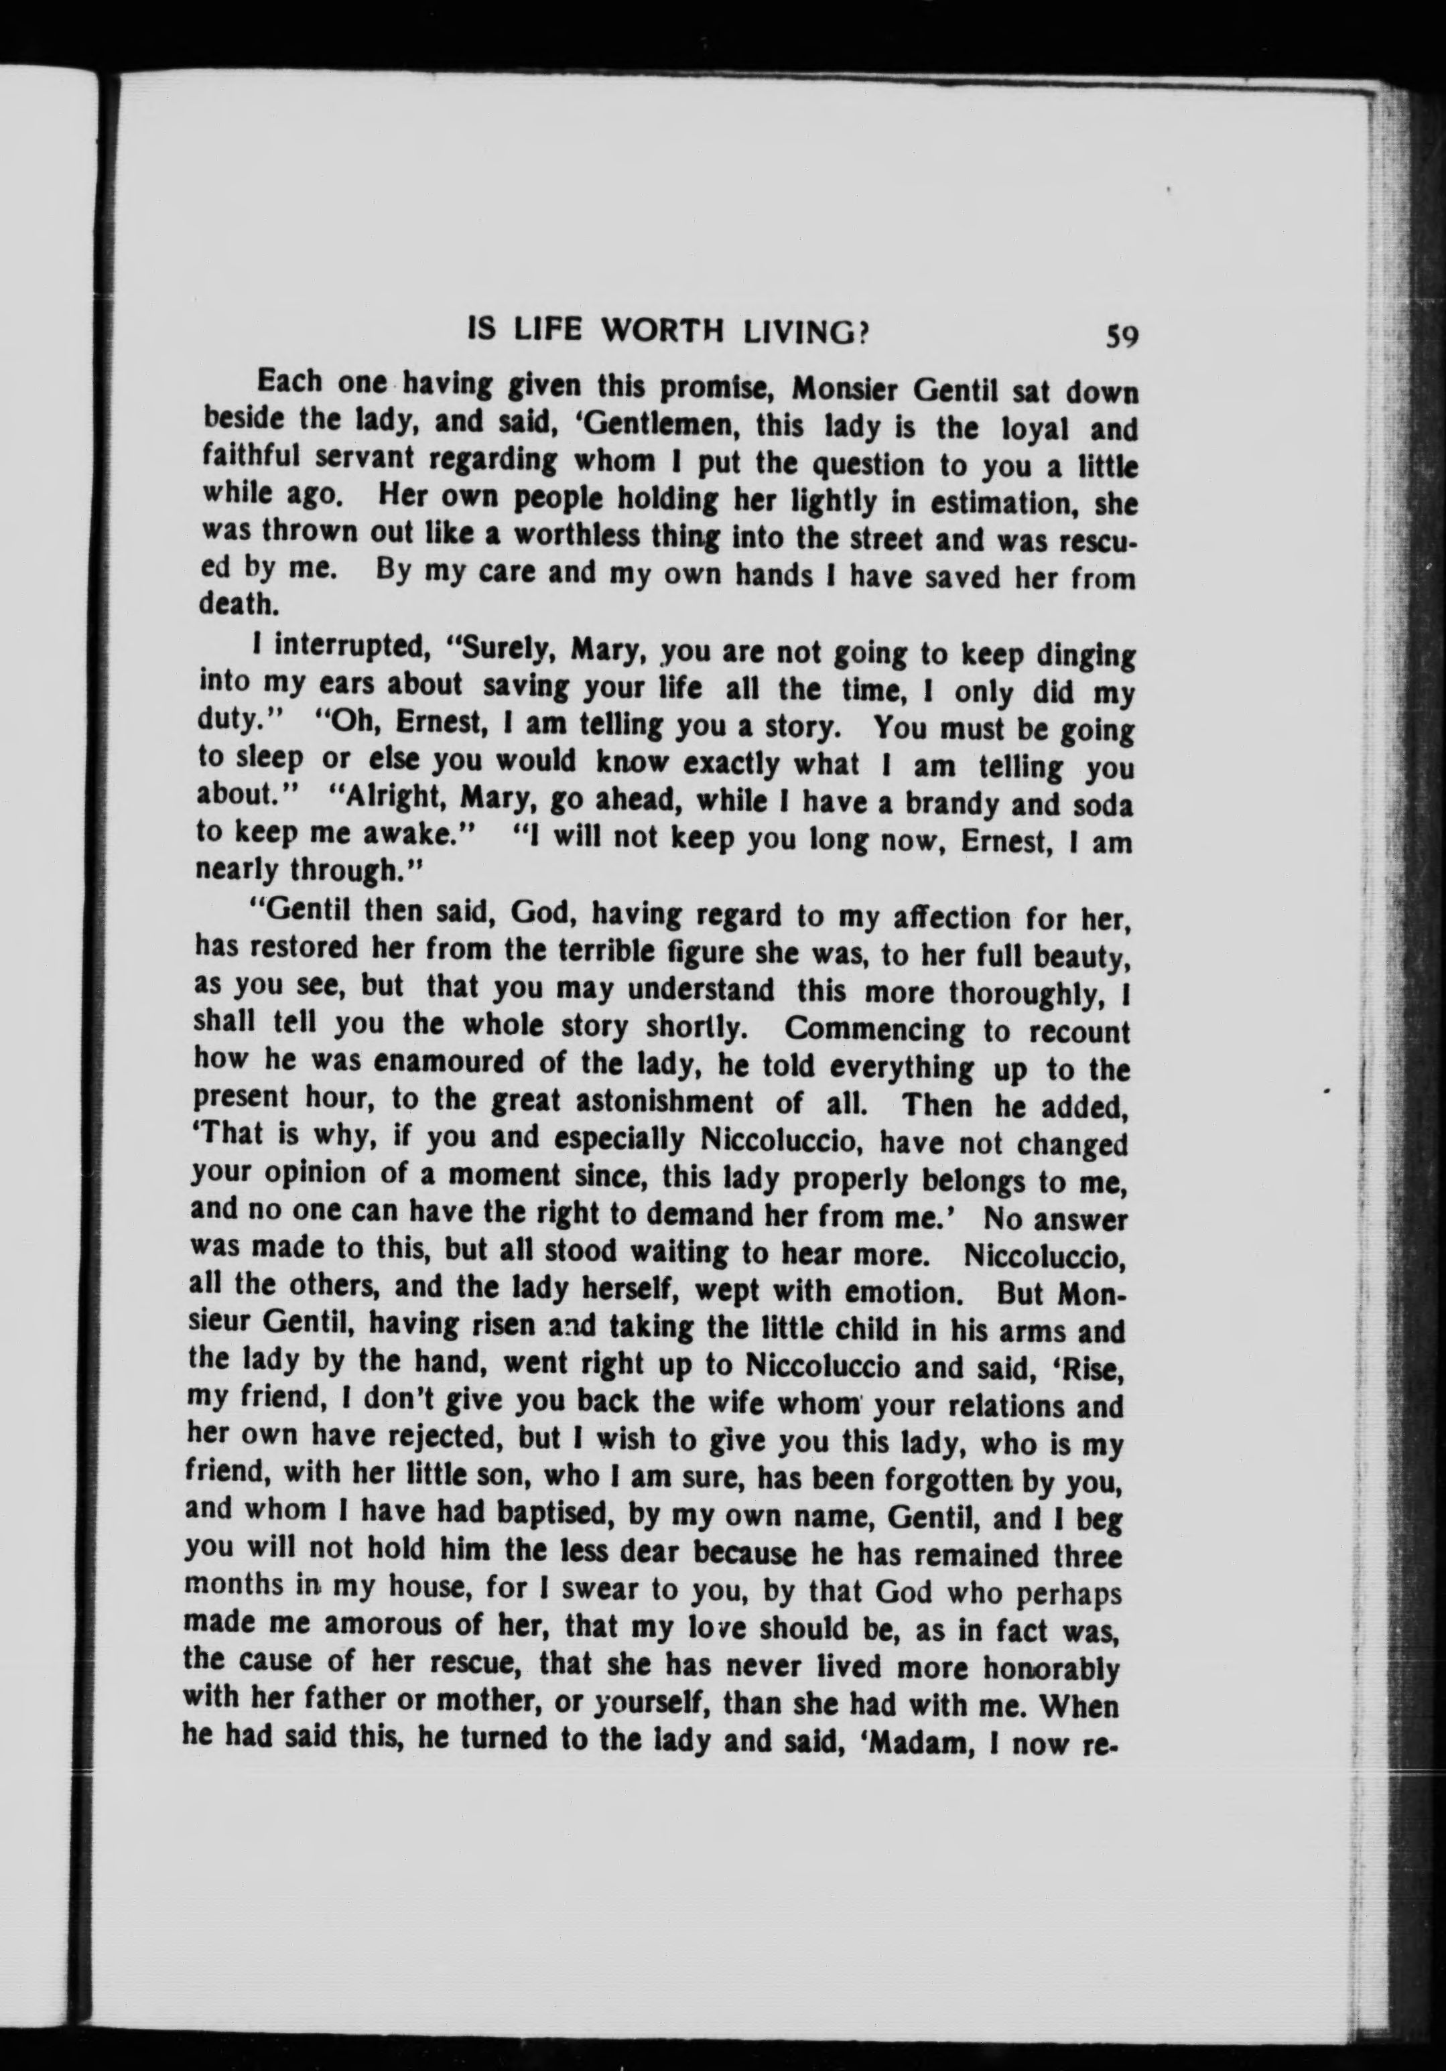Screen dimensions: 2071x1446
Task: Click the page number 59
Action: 1120,336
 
